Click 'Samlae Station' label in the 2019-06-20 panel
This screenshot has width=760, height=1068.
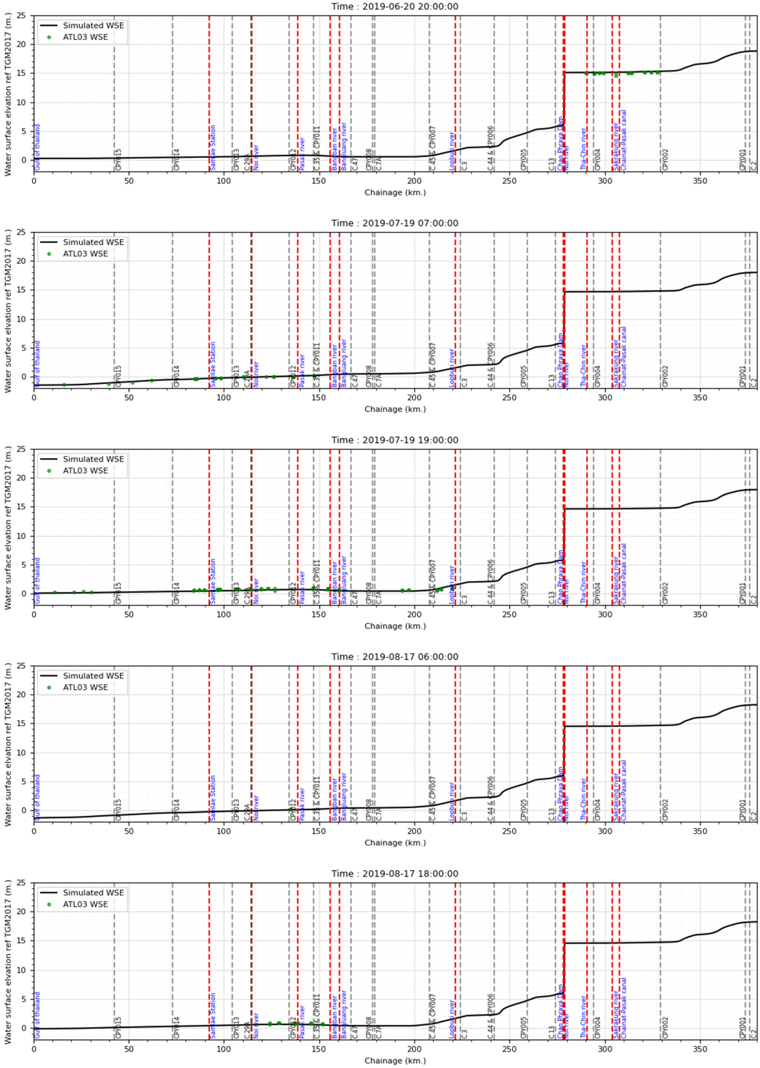coord(213,147)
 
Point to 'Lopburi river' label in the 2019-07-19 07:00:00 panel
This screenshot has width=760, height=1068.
coord(452,368)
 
